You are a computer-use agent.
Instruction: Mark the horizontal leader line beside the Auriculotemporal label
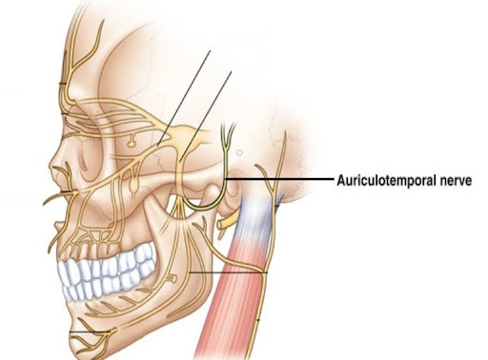(280, 179)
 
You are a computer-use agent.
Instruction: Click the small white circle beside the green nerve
(239, 150)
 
